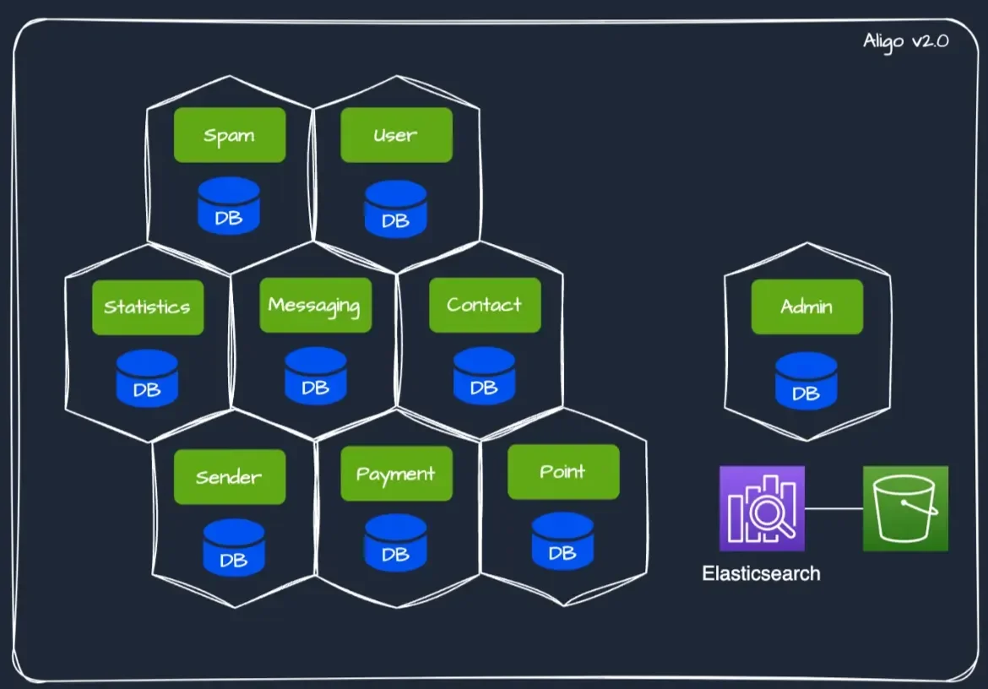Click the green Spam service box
230,135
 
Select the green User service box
396,135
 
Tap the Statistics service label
148,307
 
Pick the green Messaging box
315,305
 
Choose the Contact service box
485,305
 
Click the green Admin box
807,307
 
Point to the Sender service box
230,477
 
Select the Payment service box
396,474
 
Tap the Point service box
563,471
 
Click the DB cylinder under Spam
229,207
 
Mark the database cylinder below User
395,209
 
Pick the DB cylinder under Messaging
315,377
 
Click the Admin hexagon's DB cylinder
806,382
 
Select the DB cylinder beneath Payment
395,543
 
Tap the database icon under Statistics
147,379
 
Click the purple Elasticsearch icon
762,508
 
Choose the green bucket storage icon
905,508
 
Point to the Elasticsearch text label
761,574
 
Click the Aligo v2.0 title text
905,41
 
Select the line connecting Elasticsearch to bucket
833,508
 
